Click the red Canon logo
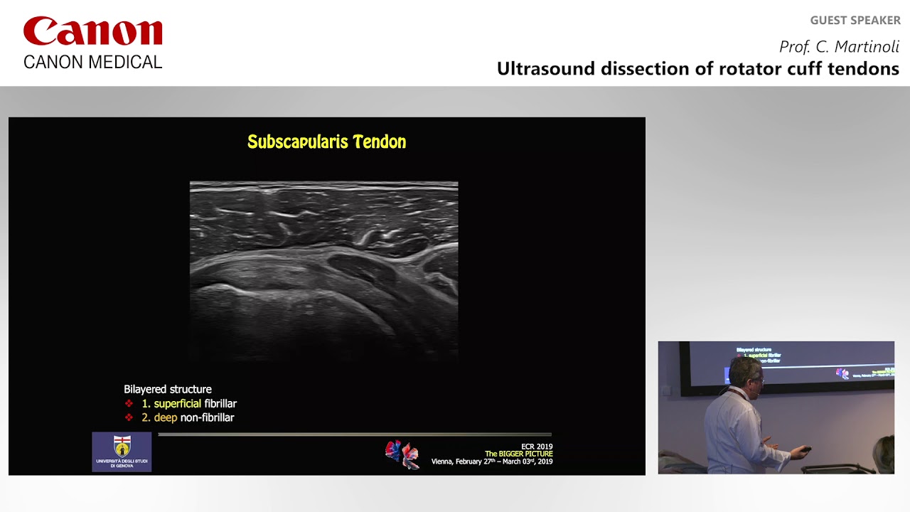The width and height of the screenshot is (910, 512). [93, 33]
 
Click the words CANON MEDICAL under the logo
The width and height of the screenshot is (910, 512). [93, 63]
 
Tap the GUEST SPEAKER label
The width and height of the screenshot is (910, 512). [855, 21]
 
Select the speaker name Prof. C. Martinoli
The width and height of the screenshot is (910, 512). [839, 47]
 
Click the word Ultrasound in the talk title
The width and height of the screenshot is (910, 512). [545, 69]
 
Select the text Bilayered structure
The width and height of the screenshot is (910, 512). [168, 390]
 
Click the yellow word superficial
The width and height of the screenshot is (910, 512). [177, 404]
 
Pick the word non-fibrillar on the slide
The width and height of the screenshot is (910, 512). [207, 418]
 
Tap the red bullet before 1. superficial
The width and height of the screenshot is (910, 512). [129, 404]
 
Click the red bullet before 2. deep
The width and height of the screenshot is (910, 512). [129, 418]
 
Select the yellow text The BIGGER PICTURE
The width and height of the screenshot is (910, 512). [518, 454]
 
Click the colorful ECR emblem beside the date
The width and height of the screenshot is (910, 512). [402, 454]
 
